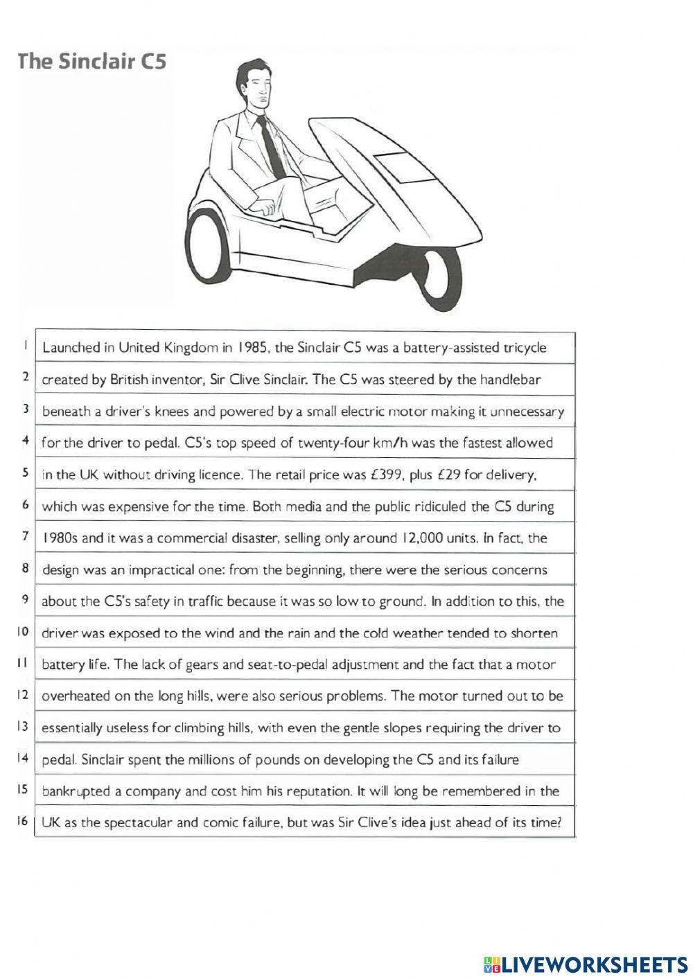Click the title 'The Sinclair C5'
91,62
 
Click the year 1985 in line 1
252,348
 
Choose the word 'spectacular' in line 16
139,823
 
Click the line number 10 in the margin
22,632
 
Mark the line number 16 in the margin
22,822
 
